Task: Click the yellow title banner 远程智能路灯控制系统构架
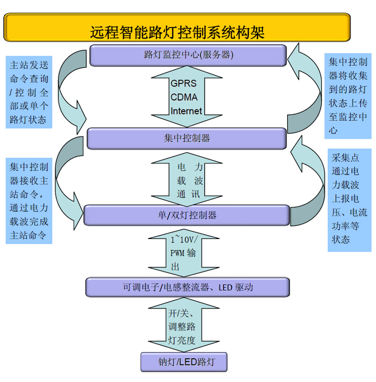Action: (x=177, y=27)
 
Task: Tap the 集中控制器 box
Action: (x=187, y=138)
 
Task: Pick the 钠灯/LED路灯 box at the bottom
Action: (x=184, y=362)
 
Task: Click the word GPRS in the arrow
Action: (x=183, y=84)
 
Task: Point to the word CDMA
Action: (x=183, y=97)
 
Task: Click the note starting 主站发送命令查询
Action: (x=29, y=92)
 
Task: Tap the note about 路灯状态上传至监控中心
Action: (x=347, y=95)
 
